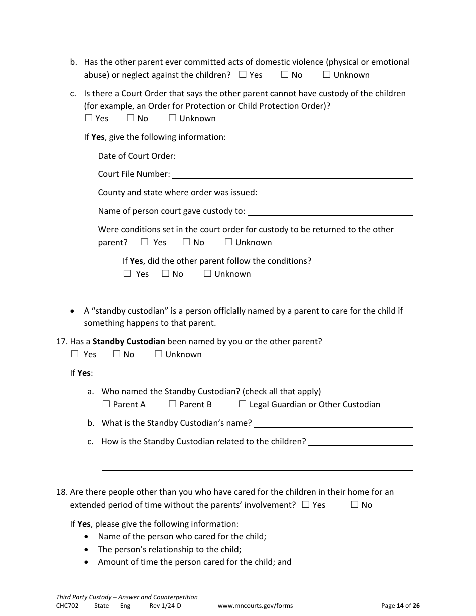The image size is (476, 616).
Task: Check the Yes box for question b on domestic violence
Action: pyautogui.click(x=243, y=75)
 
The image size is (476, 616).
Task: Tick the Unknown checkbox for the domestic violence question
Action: pyautogui.click(x=327, y=75)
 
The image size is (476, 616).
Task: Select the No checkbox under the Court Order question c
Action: pyautogui.click(x=131, y=118)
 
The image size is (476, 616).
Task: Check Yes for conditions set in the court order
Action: pyautogui.click(x=145, y=242)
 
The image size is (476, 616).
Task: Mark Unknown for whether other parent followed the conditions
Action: pyautogui.click(x=207, y=274)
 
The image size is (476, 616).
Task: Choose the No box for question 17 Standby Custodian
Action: pyautogui.click(x=117, y=354)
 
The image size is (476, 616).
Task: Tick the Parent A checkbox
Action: pyautogui.click(x=106, y=404)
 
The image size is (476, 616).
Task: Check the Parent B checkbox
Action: pyautogui.click(x=172, y=404)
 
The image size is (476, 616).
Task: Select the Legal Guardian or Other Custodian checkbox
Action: pyautogui.click(x=243, y=404)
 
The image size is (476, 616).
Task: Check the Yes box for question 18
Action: pyautogui.click(x=306, y=505)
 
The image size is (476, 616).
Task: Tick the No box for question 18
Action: pyautogui.click(x=355, y=505)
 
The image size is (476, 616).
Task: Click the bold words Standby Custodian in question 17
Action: pyautogui.click(x=129, y=341)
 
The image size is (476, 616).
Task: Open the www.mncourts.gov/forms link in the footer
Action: pyautogui.click(x=255, y=605)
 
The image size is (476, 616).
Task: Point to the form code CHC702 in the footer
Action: pyautogui.click(x=67, y=605)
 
